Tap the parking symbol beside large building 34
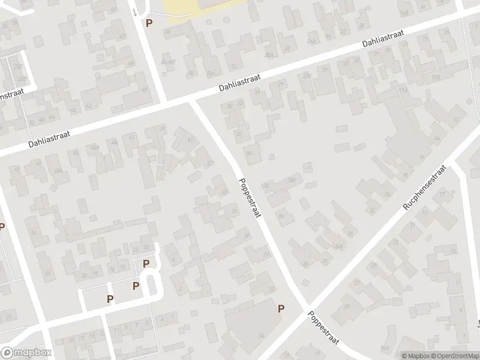280,308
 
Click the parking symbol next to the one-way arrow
149,23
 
